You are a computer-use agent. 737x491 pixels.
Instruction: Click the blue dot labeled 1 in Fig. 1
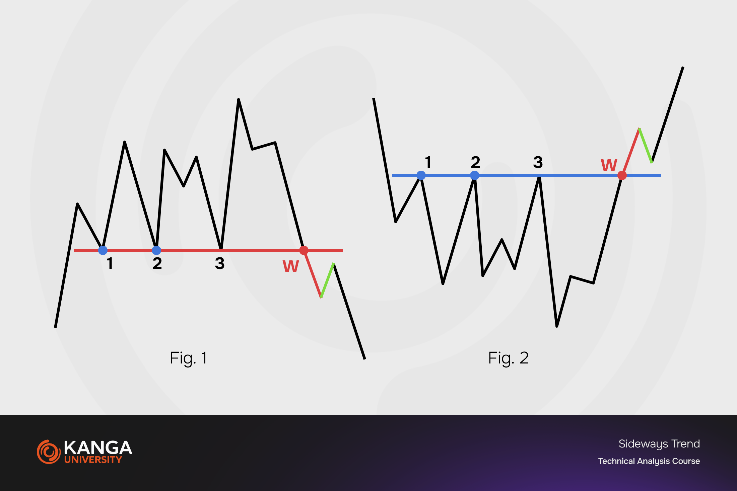click(x=103, y=250)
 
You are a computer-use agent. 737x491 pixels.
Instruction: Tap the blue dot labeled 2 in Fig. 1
click(x=156, y=250)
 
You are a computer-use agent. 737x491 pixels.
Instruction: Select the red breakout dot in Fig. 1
click(x=304, y=250)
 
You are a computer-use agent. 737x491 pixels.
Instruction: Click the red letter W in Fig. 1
click(x=290, y=266)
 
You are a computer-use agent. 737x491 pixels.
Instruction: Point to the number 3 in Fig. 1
click(x=220, y=263)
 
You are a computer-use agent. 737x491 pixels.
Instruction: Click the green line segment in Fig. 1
click(x=327, y=280)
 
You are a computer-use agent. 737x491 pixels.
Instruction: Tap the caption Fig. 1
click(x=189, y=358)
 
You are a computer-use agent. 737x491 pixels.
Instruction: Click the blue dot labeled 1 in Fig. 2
click(x=421, y=175)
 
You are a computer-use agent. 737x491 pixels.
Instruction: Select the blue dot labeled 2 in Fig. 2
click(x=475, y=175)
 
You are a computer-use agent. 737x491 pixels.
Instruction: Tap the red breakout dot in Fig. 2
click(x=622, y=175)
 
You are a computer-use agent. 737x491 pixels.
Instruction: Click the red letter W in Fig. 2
click(x=609, y=165)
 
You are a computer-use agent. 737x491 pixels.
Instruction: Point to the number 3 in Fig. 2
click(x=538, y=162)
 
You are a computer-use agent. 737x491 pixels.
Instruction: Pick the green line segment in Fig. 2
click(x=646, y=146)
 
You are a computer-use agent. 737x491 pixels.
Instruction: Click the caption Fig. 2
click(x=508, y=358)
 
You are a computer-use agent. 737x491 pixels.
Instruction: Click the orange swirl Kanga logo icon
click(x=49, y=452)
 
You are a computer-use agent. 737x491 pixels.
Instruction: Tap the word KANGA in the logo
click(x=98, y=448)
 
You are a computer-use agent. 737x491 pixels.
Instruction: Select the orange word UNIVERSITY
click(x=93, y=460)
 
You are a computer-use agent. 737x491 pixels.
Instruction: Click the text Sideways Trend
click(x=659, y=444)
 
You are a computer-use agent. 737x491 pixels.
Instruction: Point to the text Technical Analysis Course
click(x=649, y=461)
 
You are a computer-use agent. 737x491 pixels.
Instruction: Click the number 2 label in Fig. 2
click(x=475, y=162)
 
